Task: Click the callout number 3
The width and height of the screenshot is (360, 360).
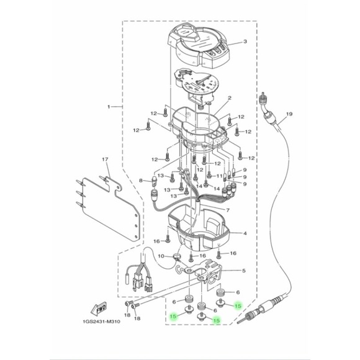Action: [244, 42]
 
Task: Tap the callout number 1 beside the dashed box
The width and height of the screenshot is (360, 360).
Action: [109, 107]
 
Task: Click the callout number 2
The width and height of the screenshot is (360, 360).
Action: [229, 98]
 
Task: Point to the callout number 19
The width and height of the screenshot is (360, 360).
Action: [288, 115]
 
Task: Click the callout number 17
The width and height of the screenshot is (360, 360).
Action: [106, 160]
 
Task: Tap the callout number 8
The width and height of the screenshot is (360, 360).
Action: [141, 181]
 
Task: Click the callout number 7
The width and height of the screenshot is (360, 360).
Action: [227, 210]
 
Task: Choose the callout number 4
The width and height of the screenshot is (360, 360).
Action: [244, 233]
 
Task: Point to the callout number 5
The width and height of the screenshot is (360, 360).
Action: [243, 271]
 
